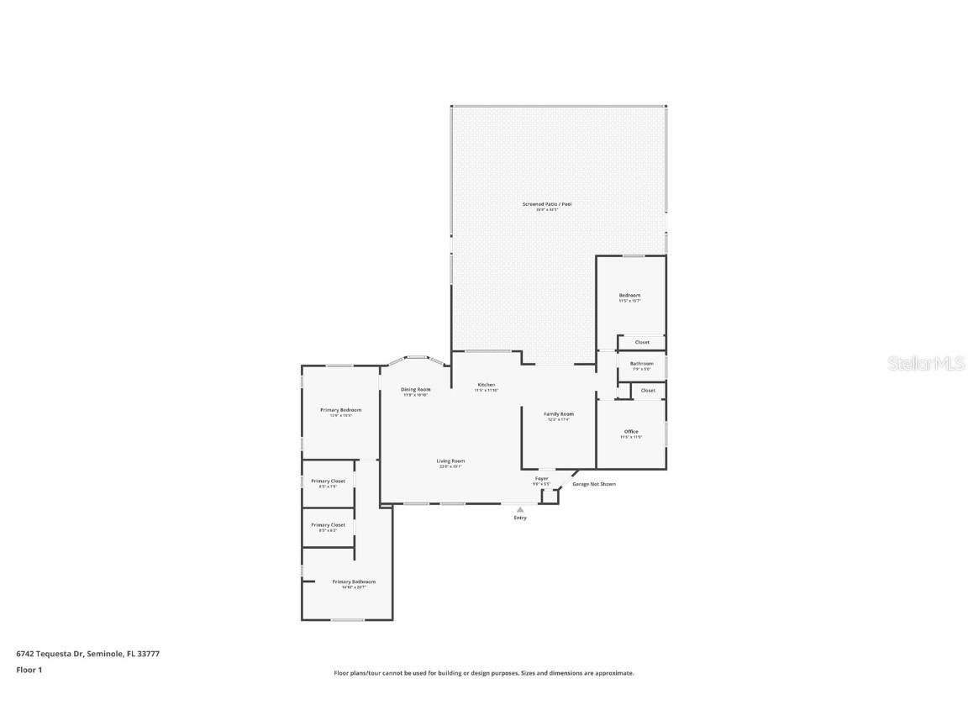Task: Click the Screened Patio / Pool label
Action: pyautogui.click(x=547, y=204)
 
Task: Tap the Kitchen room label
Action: pyautogui.click(x=487, y=385)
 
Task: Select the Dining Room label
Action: pyautogui.click(x=415, y=390)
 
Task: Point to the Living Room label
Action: pyautogui.click(x=450, y=461)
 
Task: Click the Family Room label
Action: pyautogui.click(x=558, y=414)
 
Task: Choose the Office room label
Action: pyautogui.click(x=631, y=432)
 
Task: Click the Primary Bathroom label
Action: pyautogui.click(x=354, y=582)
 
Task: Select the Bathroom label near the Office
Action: pyautogui.click(x=641, y=364)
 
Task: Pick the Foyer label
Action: pyautogui.click(x=542, y=479)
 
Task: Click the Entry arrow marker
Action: pyautogui.click(x=520, y=509)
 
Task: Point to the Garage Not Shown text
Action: pyautogui.click(x=594, y=484)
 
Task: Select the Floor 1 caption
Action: pyautogui.click(x=29, y=670)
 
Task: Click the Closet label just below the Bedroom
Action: pyautogui.click(x=642, y=343)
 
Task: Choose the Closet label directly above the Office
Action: pyautogui.click(x=648, y=391)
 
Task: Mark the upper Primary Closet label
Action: pyautogui.click(x=328, y=481)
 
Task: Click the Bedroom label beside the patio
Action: pyautogui.click(x=630, y=296)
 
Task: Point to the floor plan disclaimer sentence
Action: pyautogui.click(x=484, y=673)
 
